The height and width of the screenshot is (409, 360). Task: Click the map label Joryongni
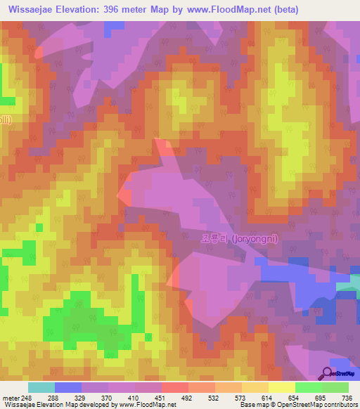click(239, 239)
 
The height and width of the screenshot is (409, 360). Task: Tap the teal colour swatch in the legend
click(41, 387)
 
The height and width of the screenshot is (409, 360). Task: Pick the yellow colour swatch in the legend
click(281, 387)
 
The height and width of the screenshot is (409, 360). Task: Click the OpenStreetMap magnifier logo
click(328, 372)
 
